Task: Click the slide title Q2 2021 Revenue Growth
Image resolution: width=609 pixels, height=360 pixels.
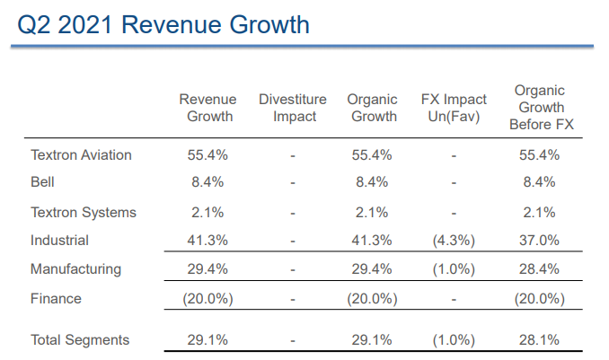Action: click(x=163, y=24)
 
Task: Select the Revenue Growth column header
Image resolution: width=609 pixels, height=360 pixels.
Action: click(x=207, y=108)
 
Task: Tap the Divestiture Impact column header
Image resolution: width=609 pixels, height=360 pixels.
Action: click(x=292, y=108)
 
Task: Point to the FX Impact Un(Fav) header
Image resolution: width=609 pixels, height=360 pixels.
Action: click(x=454, y=108)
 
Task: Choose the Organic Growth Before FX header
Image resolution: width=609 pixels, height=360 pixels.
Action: click(x=541, y=108)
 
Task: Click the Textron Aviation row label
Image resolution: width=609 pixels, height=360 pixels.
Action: click(x=81, y=155)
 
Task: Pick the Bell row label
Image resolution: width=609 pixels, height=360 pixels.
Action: click(x=43, y=182)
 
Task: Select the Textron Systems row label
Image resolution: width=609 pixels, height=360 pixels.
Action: click(x=84, y=213)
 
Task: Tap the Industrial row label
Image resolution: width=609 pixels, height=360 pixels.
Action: click(x=60, y=241)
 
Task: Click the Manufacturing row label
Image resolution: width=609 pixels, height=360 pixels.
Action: click(x=75, y=269)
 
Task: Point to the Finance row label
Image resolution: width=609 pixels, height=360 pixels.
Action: click(x=56, y=299)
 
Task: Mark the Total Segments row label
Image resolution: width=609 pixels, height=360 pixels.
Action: click(x=80, y=339)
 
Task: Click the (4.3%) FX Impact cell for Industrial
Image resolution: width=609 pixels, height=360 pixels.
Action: click(x=454, y=241)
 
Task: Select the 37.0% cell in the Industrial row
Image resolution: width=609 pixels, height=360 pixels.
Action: click(x=540, y=241)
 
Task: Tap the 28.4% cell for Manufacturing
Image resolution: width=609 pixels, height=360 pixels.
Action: click(x=540, y=269)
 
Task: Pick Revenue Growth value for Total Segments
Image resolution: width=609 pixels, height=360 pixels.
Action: click(x=207, y=339)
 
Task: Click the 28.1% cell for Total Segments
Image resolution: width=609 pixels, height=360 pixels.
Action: click(x=540, y=339)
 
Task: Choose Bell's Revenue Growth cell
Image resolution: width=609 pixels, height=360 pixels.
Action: click(x=207, y=182)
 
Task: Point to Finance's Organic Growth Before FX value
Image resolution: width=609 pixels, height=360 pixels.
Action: click(x=540, y=299)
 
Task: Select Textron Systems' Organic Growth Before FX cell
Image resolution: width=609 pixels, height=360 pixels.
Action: click(x=540, y=213)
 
